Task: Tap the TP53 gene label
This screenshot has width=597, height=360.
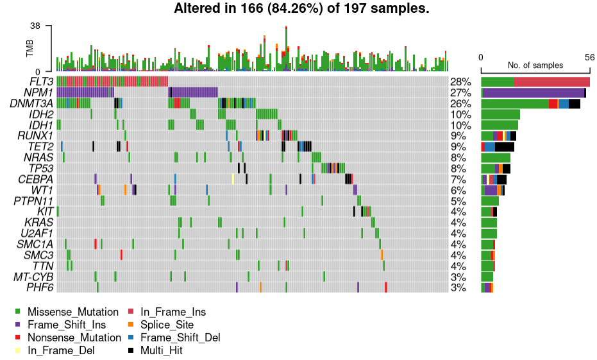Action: coord(40,168)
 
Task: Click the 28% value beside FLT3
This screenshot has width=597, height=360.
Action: coord(460,82)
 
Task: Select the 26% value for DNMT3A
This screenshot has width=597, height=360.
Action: coord(460,104)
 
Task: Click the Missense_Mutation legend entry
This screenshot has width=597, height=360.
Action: coord(72,312)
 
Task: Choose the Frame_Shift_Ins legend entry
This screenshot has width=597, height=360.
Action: coord(66,325)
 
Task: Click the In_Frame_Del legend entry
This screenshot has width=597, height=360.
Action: coord(60,350)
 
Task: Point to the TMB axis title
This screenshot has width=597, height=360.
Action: coord(30,49)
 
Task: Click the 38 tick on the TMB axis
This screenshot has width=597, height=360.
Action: coord(35,26)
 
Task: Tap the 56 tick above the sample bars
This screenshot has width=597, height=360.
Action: coord(589,57)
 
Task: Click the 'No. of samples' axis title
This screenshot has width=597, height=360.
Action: coord(535,65)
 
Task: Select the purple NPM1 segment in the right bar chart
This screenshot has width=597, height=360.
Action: coord(533,93)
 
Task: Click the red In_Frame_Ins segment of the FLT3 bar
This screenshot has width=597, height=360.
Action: coord(551,82)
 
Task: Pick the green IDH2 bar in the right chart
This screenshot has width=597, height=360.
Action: coord(500,114)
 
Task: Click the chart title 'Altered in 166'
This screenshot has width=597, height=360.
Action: coord(301,9)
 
